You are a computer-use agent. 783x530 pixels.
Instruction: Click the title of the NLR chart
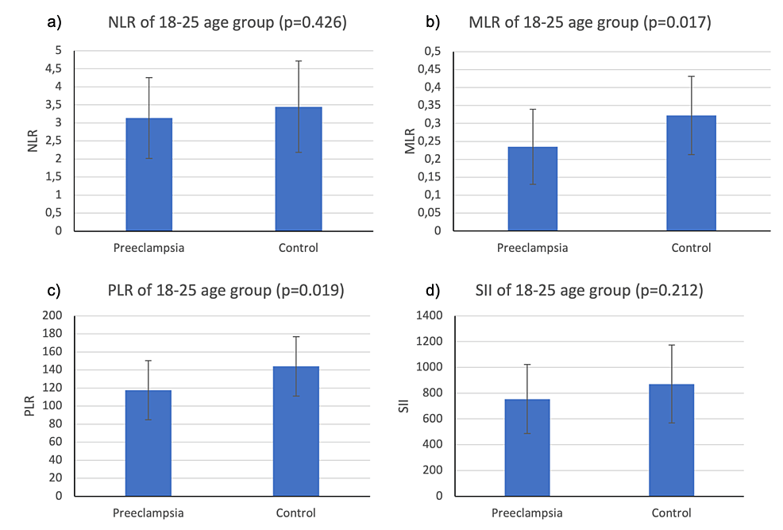click(x=226, y=22)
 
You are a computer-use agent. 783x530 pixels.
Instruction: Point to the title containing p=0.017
click(x=590, y=22)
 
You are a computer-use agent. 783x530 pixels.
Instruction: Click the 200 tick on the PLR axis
click(x=52, y=315)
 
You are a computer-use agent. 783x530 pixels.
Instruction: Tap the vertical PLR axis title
click(x=29, y=406)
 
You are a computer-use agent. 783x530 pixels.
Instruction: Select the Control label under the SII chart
click(x=671, y=513)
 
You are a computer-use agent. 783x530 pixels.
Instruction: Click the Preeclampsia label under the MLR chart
click(x=532, y=248)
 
